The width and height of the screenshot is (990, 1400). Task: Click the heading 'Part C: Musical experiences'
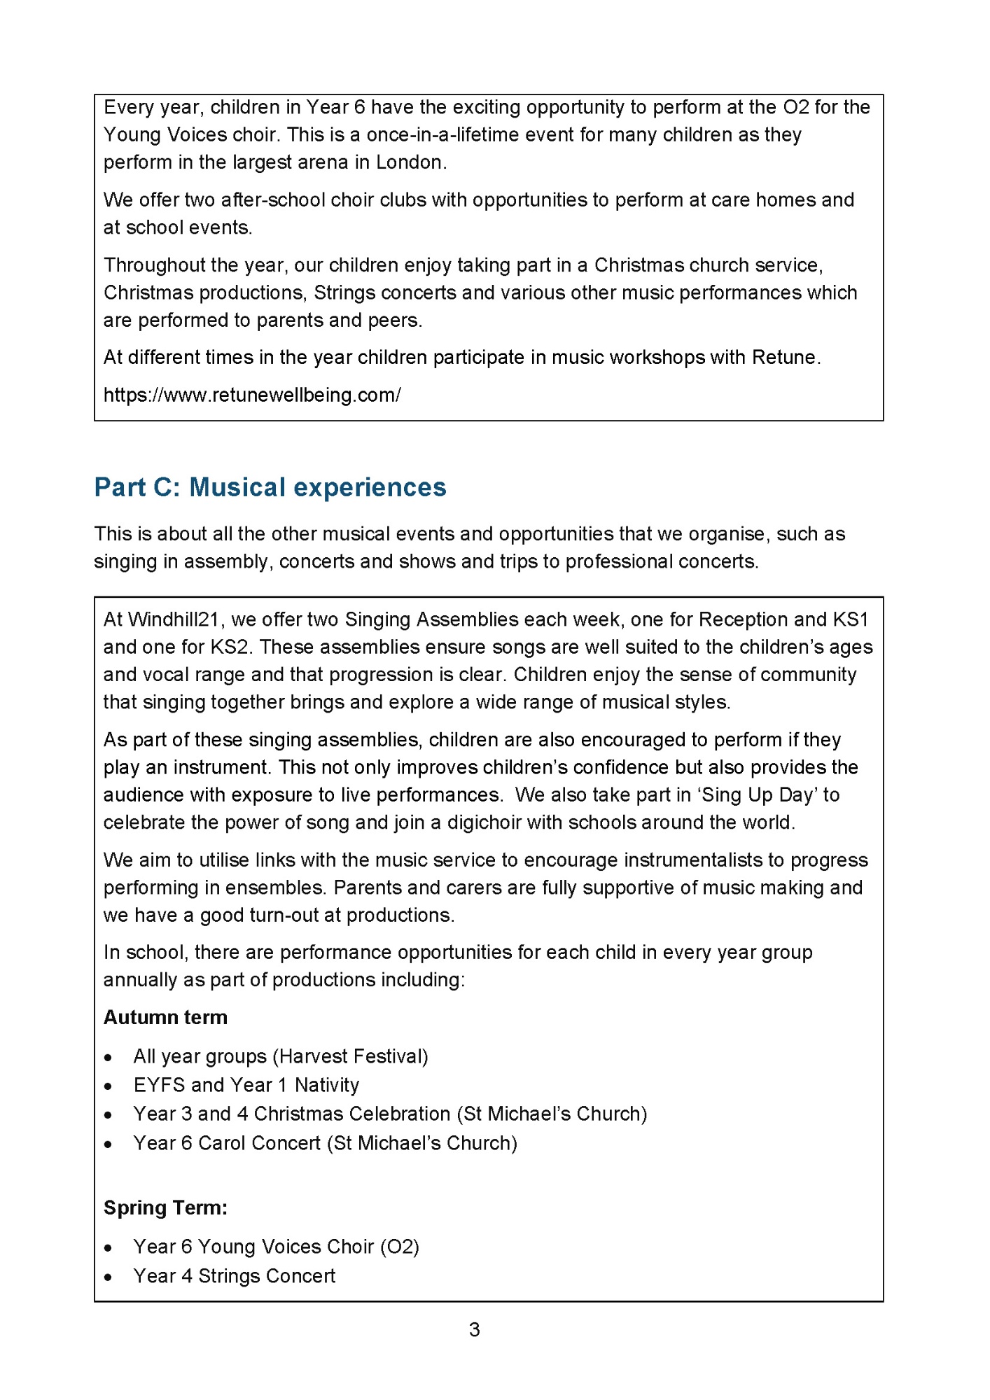(270, 487)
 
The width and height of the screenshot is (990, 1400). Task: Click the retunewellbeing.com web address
(252, 395)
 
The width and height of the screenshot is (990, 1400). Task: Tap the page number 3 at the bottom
(475, 1329)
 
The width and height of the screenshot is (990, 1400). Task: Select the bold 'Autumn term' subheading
(165, 1017)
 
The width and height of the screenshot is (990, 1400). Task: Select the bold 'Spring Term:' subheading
(165, 1207)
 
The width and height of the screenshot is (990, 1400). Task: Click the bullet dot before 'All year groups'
(108, 1058)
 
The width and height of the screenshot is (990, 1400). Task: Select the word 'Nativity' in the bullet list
(327, 1085)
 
